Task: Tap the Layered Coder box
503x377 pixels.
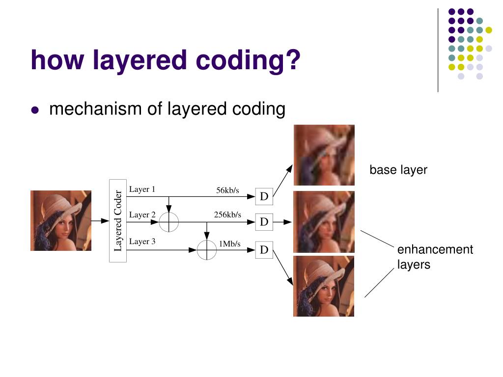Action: [x=118, y=221]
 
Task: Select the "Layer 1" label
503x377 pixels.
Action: [x=142, y=189]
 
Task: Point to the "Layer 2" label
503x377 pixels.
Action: [x=142, y=215]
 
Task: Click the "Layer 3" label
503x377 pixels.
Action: [x=142, y=241]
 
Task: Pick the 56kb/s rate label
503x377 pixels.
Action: [x=227, y=190]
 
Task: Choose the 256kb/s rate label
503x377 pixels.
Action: [x=227, y=215]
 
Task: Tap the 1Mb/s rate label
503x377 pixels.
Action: [x=229, y=243]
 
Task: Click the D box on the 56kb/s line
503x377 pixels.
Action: [x=264, y=197]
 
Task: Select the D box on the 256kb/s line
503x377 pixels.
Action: [x=264, y=222]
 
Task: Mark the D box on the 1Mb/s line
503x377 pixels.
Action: [x=264, y=250]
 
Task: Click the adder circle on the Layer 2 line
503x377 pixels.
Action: [x=169, y=222]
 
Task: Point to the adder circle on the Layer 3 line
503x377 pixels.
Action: [x=207, y=250]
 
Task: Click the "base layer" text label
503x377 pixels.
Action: [x=398, y=170]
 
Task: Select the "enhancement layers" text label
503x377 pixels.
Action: [x=435, y=257]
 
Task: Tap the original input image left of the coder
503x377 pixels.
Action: [x=61, y=221]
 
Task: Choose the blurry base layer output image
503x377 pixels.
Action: [x=324, y=155]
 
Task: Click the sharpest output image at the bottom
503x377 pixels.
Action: [x=324, y=286]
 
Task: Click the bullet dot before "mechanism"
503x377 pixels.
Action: [x=34, y=110]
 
